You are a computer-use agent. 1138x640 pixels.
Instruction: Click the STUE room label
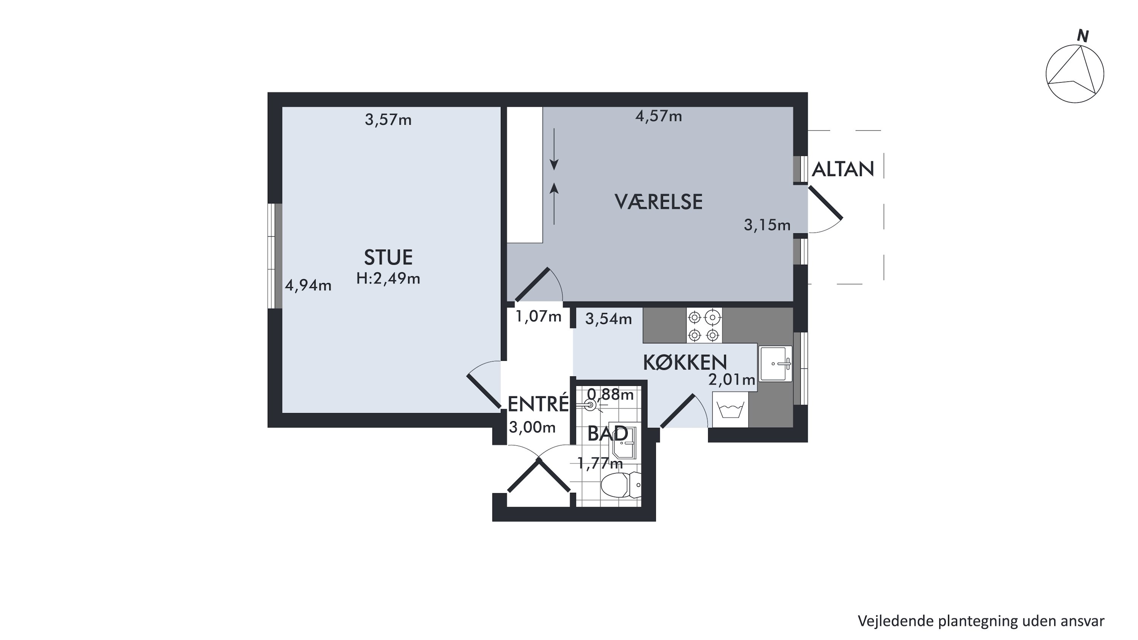coord(388,258)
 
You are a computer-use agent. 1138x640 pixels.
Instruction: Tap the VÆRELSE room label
coord(658,202)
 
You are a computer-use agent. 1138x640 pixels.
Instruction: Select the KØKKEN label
coord(685,362)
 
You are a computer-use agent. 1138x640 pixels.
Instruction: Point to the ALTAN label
coord(843,169)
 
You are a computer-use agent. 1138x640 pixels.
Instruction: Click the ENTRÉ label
coord(538,404)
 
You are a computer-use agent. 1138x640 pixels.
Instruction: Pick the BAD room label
coord(607,434)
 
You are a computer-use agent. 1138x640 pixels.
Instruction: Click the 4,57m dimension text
coord(659,116)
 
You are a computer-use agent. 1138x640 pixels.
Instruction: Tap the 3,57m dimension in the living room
coord(388,120)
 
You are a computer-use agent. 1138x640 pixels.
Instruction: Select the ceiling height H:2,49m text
coord(388,278)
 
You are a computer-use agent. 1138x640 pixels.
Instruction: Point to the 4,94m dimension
coord(308,285)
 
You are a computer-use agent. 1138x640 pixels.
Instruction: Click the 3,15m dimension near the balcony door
coord(767,225)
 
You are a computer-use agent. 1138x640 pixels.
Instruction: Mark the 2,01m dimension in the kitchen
coord(732,379)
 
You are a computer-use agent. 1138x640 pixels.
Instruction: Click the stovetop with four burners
coord(704,326)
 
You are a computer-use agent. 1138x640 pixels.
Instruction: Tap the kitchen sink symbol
coord(776,363)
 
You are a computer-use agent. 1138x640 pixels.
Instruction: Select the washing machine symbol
coord(730,410)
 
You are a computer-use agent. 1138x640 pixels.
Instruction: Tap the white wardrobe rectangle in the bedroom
coord(524,175)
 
